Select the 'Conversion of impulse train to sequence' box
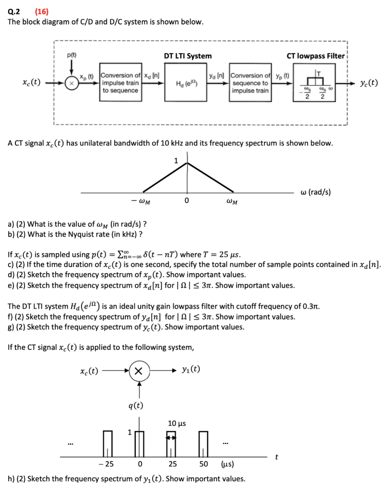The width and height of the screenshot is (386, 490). (x=120, y=83)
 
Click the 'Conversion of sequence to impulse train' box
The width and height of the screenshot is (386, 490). (x=250, y=83)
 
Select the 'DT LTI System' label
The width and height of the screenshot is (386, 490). (x=187, y=56)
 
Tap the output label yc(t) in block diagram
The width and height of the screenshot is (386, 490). (x=369, y=83)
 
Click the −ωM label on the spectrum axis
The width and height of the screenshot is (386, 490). (x=140, y=201)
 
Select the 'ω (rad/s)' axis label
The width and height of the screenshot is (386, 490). (x=315, y=192)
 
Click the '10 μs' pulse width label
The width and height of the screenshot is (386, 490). (x=177, y=423)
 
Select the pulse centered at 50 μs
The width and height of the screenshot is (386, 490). (x=204, y=444)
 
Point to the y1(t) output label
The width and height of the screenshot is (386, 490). (x=191, y=369)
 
